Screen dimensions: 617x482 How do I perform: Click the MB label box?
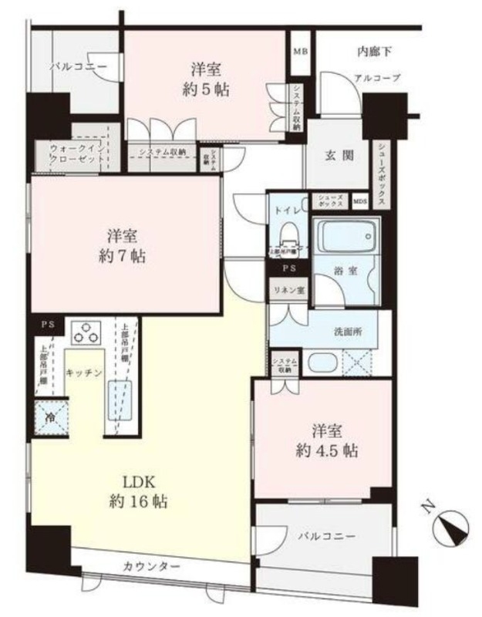(x=300, y=52)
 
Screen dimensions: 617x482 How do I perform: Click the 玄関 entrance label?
(x=339, y=155)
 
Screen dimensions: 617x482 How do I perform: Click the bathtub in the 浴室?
(x=346, y=235)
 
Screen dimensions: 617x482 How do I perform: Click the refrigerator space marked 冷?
(x=49, y=420)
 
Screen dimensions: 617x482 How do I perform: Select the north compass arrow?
(x=450, y=528)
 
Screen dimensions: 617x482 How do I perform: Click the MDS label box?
(x=360, y=201)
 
